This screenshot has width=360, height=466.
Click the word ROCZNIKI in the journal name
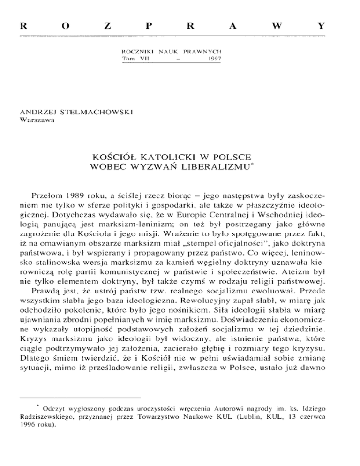tap(136, 51)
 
